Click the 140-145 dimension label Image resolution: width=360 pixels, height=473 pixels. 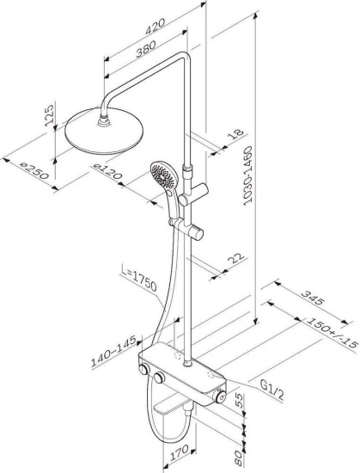[x=113, y=347]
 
